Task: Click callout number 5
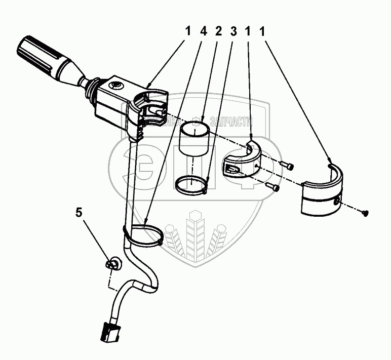pyautogui.click(x=79, y=212)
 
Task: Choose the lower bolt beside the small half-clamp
pyautogui.click(x=275, y=188)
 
